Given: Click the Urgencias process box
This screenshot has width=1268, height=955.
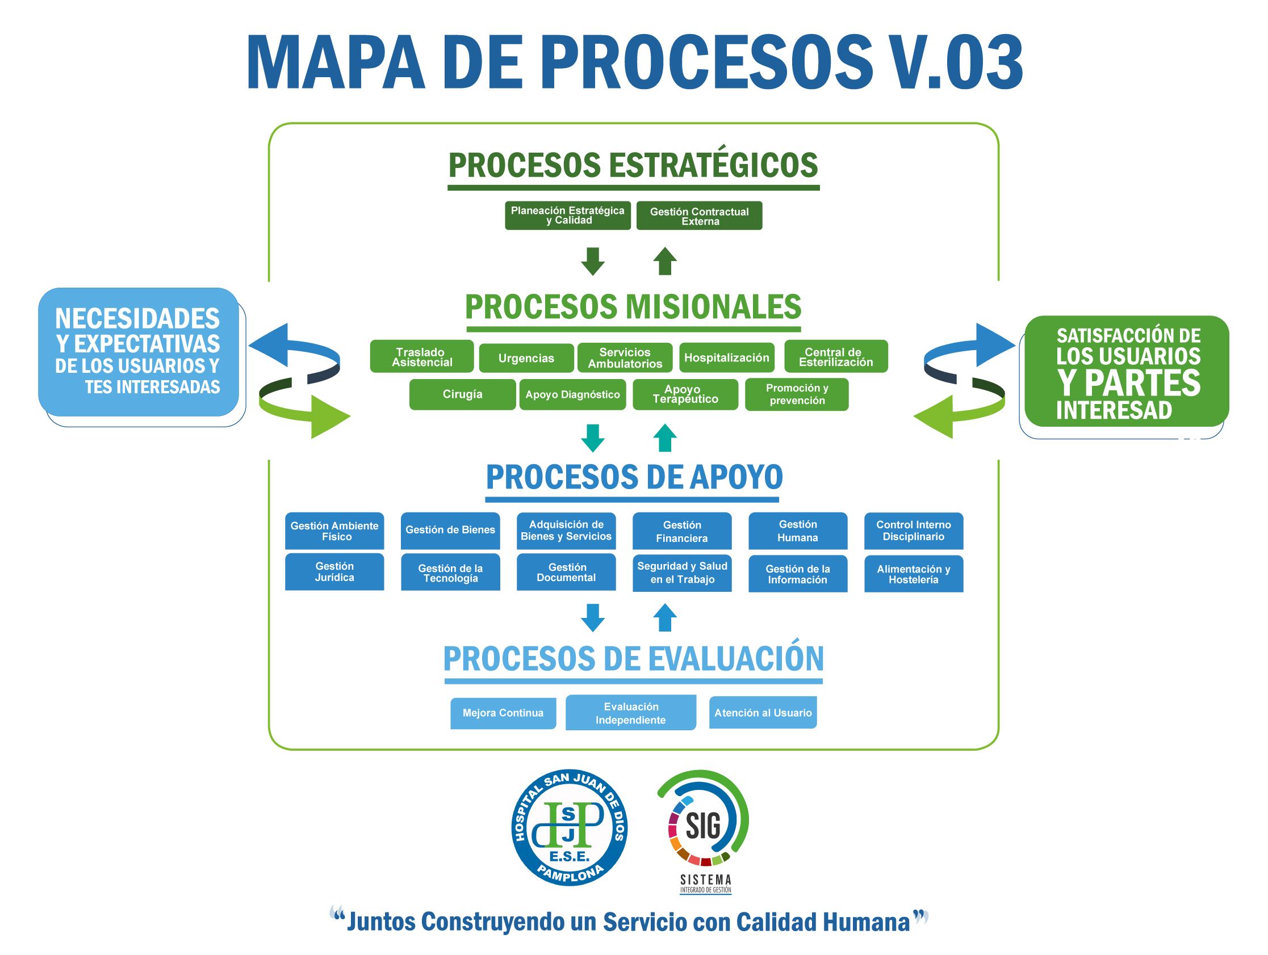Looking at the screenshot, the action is pyautogui.click(x=526, y=358).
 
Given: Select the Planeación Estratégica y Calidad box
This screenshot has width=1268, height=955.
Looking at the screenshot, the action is pyautogui.click(x=567, y=216).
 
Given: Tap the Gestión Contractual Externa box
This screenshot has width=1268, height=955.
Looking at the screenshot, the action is pyautogui.click(x=700, y=216).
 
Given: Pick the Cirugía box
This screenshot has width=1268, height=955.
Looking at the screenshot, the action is pyautogui.click(x=463, y=394).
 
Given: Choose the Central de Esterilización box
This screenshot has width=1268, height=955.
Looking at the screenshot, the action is pyautogui.click(x=836, y=356).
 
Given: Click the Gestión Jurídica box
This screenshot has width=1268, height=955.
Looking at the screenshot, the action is pyautogui.click(x=335, y=572).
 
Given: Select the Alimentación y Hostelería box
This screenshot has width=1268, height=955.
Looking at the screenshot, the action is pyautogui.click(x=914, y=574).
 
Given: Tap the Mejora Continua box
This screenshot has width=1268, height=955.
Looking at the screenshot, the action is pyautogui.click(x=503, y=713).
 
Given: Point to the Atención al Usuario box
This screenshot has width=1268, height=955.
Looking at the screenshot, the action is pyautogui.click(x=763, y=713).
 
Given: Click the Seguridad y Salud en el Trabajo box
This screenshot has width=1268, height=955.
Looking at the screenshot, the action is pyautogui.click(x=682, y=573).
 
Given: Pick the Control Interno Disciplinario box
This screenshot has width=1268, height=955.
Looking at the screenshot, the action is pyautogui.click(x=914, y=531).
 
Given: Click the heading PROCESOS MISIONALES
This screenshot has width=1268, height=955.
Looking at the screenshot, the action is pyautogui.click(x=633, y=307).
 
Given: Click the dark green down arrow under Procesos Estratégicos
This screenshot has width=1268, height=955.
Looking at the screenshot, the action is pyautogui.click(x=593, y=261).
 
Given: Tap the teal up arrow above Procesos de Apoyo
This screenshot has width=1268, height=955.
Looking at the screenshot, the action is pyautogui.click(x=665, y=438).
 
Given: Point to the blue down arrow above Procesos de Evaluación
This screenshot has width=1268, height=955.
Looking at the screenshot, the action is pyautogui.click(x=593, y=617).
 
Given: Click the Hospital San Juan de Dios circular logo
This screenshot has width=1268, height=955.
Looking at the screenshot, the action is pyautogui.click(x=569, y=828).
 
